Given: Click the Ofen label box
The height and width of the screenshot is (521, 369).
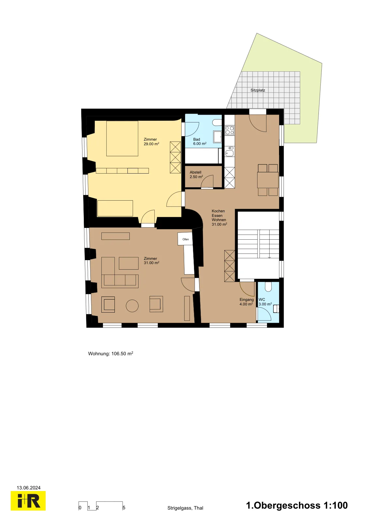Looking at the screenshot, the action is (185, 239).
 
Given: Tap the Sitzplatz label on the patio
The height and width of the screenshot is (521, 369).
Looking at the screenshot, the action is (258, 90).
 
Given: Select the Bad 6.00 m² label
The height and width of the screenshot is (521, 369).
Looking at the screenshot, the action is (199, 141).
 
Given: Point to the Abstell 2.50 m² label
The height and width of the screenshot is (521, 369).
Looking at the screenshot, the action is (196, 175).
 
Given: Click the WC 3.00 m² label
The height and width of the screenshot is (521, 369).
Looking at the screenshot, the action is (265, 302).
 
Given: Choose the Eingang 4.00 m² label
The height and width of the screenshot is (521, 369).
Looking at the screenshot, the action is (246, 302).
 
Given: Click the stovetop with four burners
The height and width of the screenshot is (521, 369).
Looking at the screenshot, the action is (229, 130).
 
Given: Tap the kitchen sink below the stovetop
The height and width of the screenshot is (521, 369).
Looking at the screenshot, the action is (229, 152).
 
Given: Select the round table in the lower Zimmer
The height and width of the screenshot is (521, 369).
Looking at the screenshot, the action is (132, 306).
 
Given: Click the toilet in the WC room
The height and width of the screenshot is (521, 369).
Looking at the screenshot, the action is (268, 287).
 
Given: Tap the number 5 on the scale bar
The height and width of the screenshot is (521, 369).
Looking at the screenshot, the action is (124, 508).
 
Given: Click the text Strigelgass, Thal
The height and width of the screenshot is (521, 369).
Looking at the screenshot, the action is (185, 508).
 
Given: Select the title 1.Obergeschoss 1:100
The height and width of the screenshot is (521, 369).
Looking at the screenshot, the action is (297, 505).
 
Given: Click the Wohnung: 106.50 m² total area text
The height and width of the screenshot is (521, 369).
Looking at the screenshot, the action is (111, 354).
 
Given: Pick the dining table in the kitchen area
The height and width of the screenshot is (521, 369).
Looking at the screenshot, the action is (268, 180).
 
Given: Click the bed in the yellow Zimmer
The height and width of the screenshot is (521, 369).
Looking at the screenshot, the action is (122, 138).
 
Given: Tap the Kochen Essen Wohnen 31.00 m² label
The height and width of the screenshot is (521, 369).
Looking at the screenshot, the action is (219, 218).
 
